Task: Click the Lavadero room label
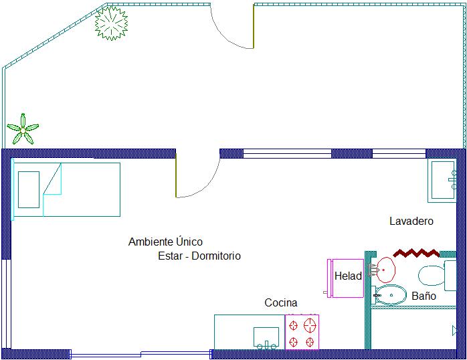[x=411, y=221]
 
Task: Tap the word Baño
[x=424, y=296]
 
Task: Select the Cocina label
[x=281, y=303]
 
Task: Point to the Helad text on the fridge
[x=348, y=276]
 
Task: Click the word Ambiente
[x=151, y=242]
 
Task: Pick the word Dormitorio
[x=216, y=256]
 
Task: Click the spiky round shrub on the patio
[x=111, y=23]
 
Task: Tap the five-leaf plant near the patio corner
[x=23, y=130]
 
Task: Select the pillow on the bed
[x=29, y=189]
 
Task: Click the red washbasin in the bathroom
[x=386, y=270]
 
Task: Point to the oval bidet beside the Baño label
[x=391, y=295]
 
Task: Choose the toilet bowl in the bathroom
[x=432, y=276]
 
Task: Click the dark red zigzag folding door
[x=416, y=253]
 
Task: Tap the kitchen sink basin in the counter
[x=266, y=337]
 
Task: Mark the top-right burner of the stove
[x=310, y=325]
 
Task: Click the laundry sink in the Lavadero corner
[x=442, y=180]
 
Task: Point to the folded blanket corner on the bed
[x=52, y=179]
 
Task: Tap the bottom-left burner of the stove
[x=293, y=341]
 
